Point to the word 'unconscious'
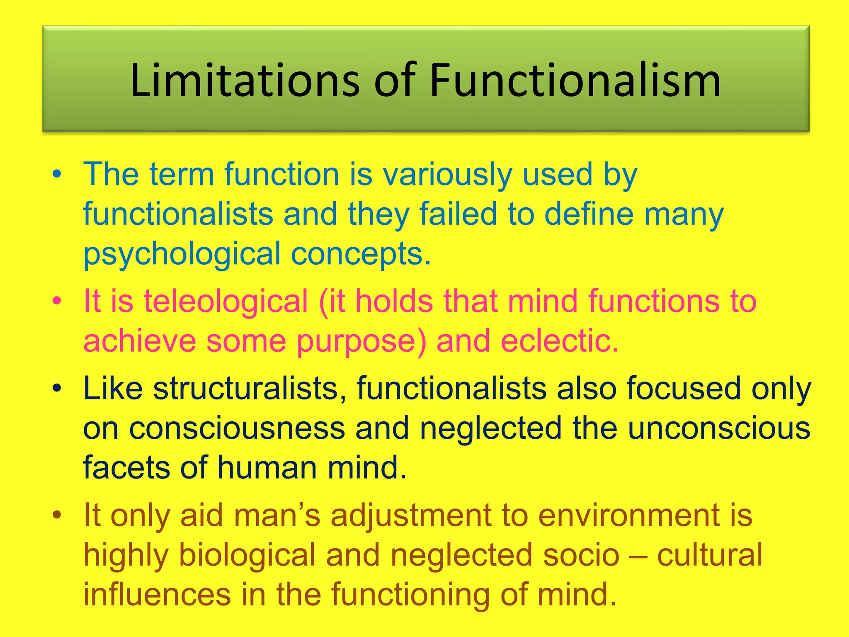(x=719, y=428)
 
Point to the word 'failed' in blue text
(x=458, y=214)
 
